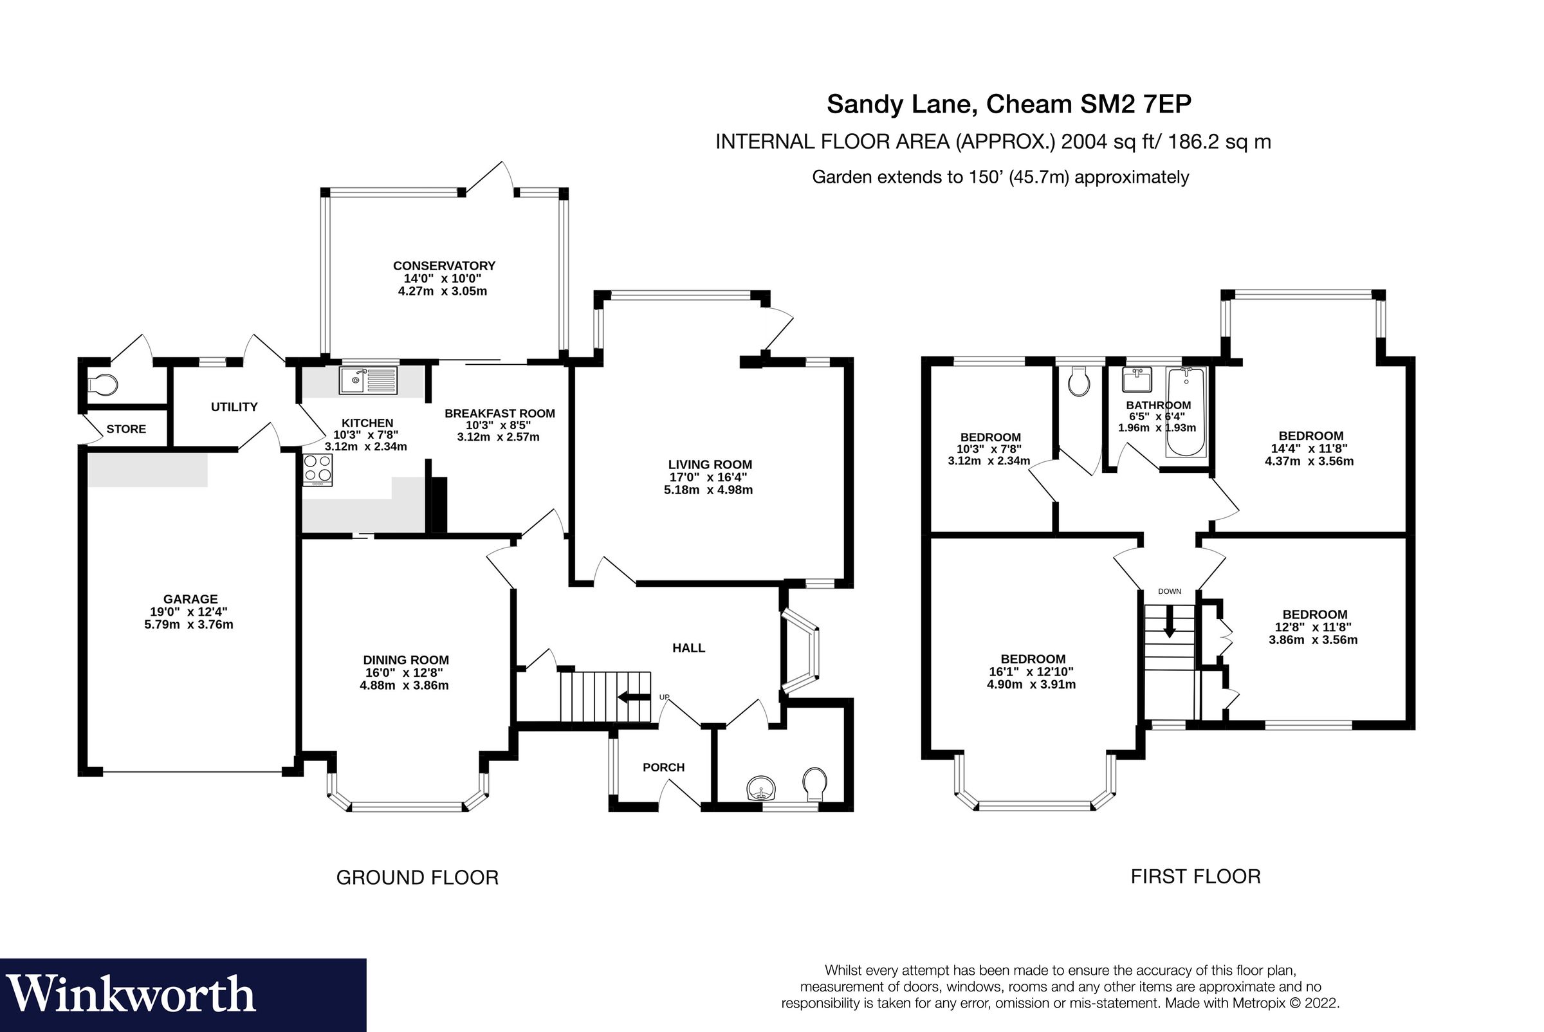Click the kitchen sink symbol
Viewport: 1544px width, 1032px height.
[368, 380]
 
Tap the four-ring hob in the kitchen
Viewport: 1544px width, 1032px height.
[317, 469]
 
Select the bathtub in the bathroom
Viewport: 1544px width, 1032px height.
[1186, 412]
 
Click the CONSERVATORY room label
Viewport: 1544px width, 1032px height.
[444, 266]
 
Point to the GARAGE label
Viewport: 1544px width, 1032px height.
[190, 599]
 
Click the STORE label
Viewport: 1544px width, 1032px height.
[125, 429]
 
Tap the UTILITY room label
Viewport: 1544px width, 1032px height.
[234, 407]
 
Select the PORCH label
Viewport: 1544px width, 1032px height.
[663, 768]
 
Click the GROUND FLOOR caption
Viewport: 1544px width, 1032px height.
[418, 878]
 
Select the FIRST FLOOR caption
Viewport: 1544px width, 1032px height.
[1195, 877]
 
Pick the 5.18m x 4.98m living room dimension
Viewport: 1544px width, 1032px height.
[708, 490]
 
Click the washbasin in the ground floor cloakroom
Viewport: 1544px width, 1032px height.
[762, 788]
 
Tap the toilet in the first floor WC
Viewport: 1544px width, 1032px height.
[1079, 382]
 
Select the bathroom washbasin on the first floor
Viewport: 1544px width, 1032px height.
[1137, 380]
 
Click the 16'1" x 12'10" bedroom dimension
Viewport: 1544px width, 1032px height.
[1031, 671]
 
